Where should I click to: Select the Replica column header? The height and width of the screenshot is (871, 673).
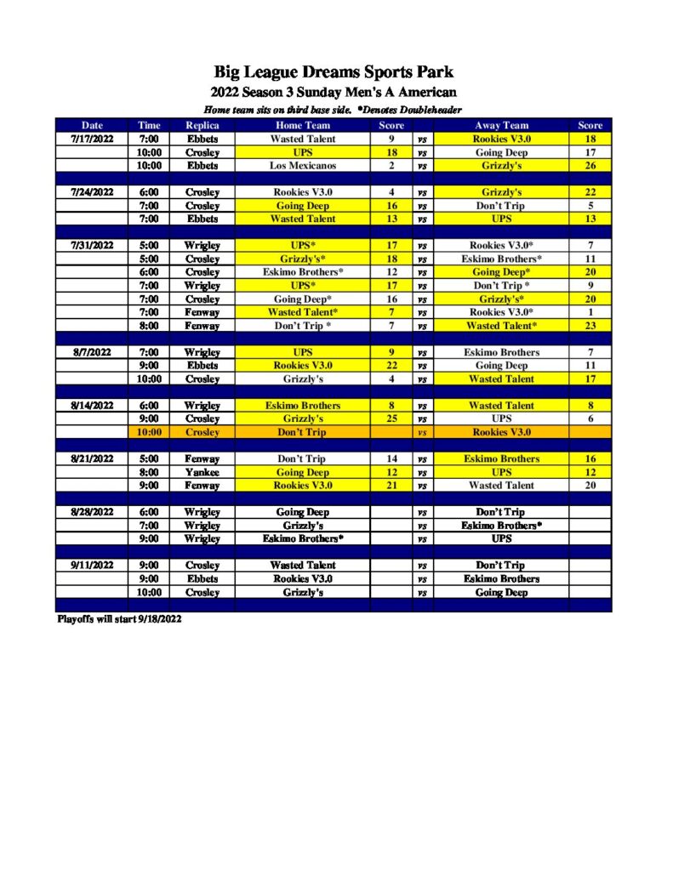pyautogui.click(x=202, y=125)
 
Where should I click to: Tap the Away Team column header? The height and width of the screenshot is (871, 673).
pyautogui.click(x=501, y=125)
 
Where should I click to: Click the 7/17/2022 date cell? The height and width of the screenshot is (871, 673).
pyautogui.click(x=92, y=139)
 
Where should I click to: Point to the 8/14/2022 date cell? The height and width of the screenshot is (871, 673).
pyautogui.click(x=92, y=406)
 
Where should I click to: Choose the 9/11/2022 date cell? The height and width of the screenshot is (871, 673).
pyautogui.click(x=92, y=566)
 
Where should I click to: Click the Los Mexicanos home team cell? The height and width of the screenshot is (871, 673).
pyautogui.click(x=303, y=166)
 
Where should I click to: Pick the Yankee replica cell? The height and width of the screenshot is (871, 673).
pyautogui.click(x=202, y=472)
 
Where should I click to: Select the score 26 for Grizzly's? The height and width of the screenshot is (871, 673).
pyautogui.click(x=590, y=166)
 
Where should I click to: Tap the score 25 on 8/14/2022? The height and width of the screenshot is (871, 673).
pyautogui.click(x=391, y=419)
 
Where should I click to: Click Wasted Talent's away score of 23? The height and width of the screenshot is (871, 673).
pyautogui.click(x=590, y=326)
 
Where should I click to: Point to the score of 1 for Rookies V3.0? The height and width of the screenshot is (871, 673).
pyautogui.click(x=590, y=312)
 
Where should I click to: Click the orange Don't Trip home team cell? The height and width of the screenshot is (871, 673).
pyautogui.click(x=303, y=432)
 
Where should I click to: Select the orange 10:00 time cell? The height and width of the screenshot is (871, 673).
pyautogui.click(x=150, y=432)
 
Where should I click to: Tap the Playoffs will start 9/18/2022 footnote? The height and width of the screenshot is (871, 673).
pyautogui.click(x=119, y=619)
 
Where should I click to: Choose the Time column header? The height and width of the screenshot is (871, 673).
pyautogui.click(x=150, y=125)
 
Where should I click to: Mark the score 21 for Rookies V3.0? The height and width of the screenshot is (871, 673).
pyautogui.click(x=391, y=486)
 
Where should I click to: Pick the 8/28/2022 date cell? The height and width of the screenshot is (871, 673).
pyautogui.click(x=92, y=512)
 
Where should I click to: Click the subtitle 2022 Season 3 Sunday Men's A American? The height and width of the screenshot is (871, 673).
pyautogui.click(x=334, y=93)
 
